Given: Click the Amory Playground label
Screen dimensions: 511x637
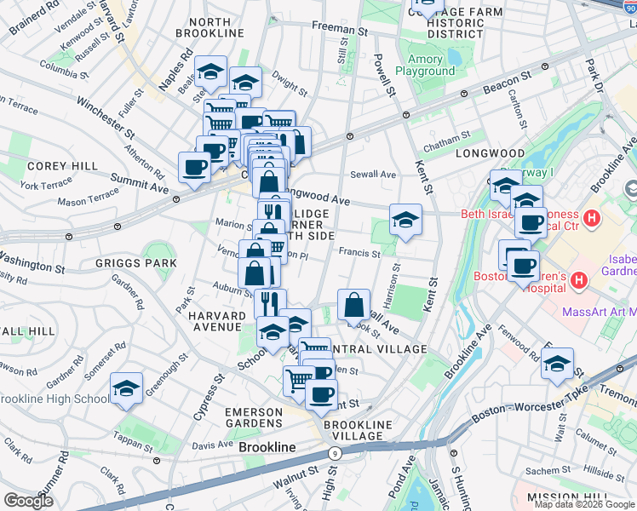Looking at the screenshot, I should [430, 66].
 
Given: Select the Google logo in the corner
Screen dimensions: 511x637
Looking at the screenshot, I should [28, 501].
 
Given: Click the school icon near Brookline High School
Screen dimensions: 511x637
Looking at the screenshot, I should [126, 390].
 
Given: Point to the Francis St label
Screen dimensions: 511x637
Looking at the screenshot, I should [359, 253].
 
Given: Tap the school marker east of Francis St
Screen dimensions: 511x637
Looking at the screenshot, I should [405, 221].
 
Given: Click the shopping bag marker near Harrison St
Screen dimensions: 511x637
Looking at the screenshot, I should [353, 305].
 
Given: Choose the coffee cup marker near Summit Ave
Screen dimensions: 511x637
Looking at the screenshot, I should [194, 167].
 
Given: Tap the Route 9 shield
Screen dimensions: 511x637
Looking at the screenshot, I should [336, 454].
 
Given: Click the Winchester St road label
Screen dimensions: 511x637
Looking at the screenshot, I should [106, 118].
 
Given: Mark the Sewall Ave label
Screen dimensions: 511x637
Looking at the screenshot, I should [375, 175].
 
